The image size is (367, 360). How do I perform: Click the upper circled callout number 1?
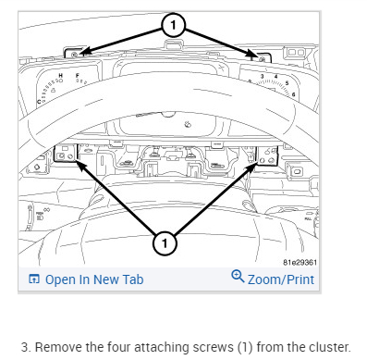(173, 25)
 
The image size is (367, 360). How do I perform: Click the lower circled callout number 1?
(165, 243)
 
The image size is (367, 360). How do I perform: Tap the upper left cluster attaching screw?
(74, 55)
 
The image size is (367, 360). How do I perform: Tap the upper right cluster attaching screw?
(263, 59)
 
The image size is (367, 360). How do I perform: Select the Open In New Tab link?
(94, 279)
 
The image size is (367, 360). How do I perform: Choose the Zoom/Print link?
(281, 279)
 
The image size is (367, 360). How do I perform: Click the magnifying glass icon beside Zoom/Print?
(238, 276)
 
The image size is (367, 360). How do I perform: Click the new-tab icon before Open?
(34, 279)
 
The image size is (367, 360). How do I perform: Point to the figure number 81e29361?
(300, 262)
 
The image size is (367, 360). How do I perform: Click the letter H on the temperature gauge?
(61, 76)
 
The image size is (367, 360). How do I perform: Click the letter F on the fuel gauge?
(78, 75)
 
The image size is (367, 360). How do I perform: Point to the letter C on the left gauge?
(39, 102)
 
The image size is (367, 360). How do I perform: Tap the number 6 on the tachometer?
(293, 94)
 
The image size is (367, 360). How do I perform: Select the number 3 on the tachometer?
(262, 76)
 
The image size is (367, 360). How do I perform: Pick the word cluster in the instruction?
(330, 347)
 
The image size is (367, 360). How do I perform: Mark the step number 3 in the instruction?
(26, 347)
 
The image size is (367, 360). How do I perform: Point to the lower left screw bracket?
(66, 154)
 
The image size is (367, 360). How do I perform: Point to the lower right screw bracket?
(267, 155)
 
